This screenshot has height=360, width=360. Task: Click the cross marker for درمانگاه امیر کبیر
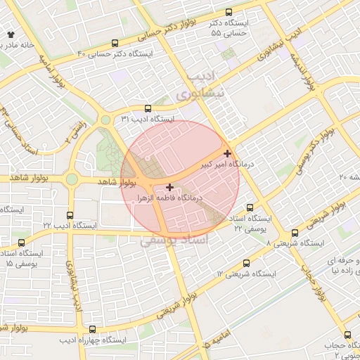(x=227, y=153)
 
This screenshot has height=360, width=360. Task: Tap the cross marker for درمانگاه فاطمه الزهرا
(x=170, y=187)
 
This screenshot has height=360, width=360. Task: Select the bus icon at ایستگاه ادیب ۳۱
(x=148, y=108)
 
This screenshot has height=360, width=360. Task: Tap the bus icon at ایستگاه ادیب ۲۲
(x=69, y=215)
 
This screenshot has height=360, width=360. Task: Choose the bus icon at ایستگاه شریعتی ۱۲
(x=246, y=262)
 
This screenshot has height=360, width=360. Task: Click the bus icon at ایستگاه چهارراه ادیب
(x=93, y=329)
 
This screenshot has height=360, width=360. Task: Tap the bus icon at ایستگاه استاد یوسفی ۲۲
(x=250, y=208)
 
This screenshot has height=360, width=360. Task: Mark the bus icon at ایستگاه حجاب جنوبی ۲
(x=347, y=335)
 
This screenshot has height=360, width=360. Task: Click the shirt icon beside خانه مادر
(x=10, y=34)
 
